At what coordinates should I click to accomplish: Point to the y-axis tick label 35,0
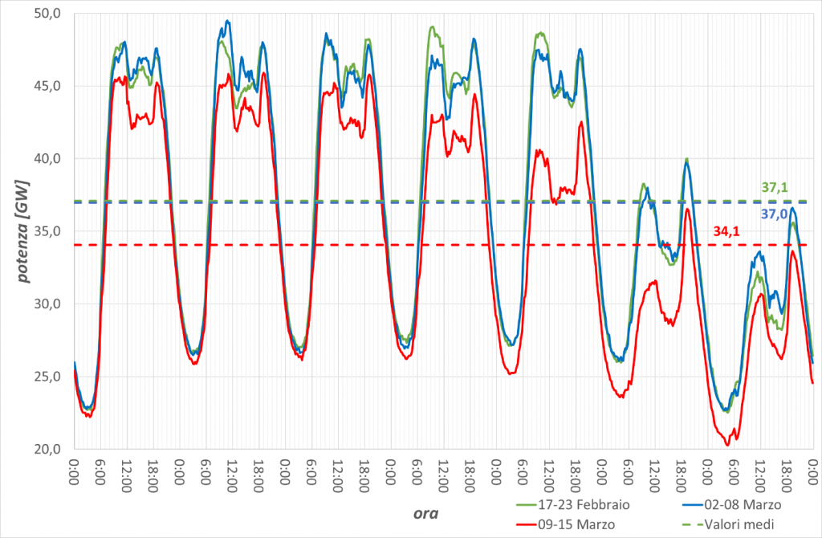[x=47, y=231]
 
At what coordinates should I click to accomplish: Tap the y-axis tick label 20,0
[x=47, y=450]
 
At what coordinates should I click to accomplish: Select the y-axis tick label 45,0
[x=47, y=86]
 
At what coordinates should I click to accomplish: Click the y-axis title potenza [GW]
[x=23, y=232]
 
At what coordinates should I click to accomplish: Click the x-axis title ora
[x=425, y=513]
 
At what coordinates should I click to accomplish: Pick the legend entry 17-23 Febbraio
[x=573, y=504]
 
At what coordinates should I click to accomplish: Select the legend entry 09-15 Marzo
[x=566, y=524]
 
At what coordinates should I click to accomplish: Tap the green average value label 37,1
[x=775, y=187]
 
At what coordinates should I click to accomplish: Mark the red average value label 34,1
[x=726, y=231]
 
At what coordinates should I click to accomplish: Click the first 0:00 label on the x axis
[x=74, y=472]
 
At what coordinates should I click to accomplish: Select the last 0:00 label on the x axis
[x=812, y=472]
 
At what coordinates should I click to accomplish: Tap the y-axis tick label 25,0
[x=47, y=377]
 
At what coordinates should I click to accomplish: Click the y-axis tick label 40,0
[x=47, y=158]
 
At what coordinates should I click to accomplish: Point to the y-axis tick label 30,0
[x=47, y=304]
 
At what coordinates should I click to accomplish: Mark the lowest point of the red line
[x=727, y=446]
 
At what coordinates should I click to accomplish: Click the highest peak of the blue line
[x=227, y=20]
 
